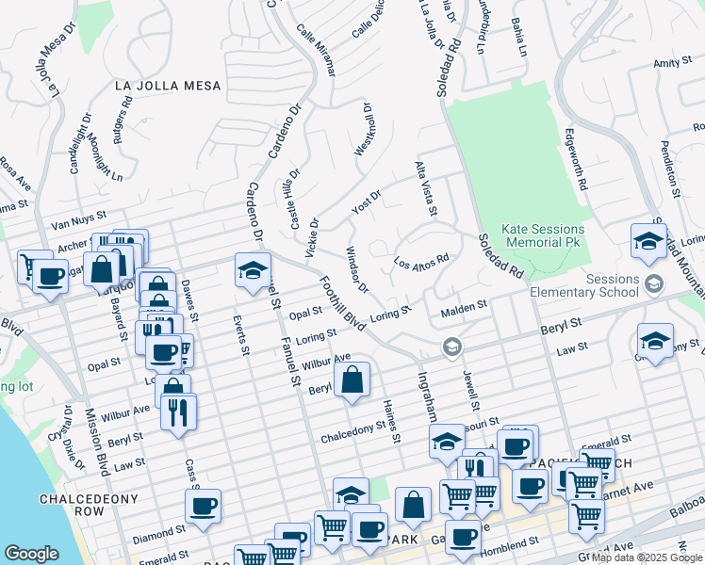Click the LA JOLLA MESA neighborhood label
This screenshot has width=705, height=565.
click(168, 86)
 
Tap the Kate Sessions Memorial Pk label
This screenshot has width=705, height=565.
click(543, 235)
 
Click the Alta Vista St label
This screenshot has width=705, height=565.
click(426, 188)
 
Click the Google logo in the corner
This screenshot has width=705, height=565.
click(32, 554)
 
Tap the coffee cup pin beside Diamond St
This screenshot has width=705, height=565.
click(203, 506)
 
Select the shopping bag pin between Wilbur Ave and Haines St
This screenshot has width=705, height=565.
click(352, 380)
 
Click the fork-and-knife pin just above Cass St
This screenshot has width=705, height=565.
click(177, 411)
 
